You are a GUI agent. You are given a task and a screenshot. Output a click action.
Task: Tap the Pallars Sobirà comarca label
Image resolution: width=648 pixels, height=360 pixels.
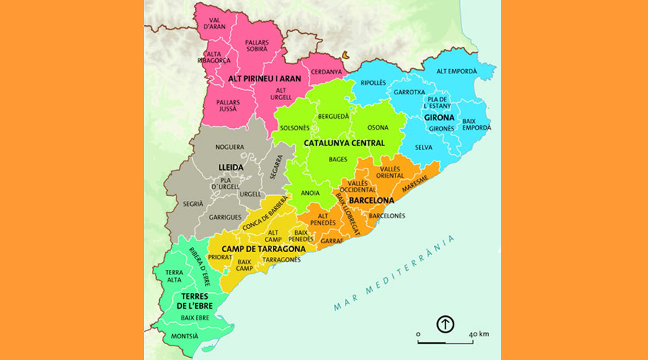(x=256, y=47)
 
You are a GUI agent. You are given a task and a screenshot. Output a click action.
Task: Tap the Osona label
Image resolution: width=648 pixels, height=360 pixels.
(x=377, y=127)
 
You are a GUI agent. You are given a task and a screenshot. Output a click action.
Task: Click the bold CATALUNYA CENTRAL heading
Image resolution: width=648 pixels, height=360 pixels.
(x=343, y=143)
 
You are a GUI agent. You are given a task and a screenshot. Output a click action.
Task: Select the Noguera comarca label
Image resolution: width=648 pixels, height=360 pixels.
(x=230, y=147)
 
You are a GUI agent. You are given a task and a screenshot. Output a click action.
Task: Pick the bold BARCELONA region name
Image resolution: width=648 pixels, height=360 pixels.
(x=371, y=200)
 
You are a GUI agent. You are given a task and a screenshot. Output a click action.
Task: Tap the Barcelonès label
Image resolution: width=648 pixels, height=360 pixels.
(x=387, y=215)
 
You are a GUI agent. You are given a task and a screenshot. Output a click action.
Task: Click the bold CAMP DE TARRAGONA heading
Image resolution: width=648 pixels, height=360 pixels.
(x=263, y=249)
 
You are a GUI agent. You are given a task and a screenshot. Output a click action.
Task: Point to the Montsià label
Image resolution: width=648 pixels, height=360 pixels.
(x=184, y=336)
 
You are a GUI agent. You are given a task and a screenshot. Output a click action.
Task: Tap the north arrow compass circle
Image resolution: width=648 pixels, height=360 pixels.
(x=446, y=324)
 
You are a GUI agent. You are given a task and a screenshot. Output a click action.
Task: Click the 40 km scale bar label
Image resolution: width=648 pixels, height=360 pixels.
(x=479, y=334)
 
